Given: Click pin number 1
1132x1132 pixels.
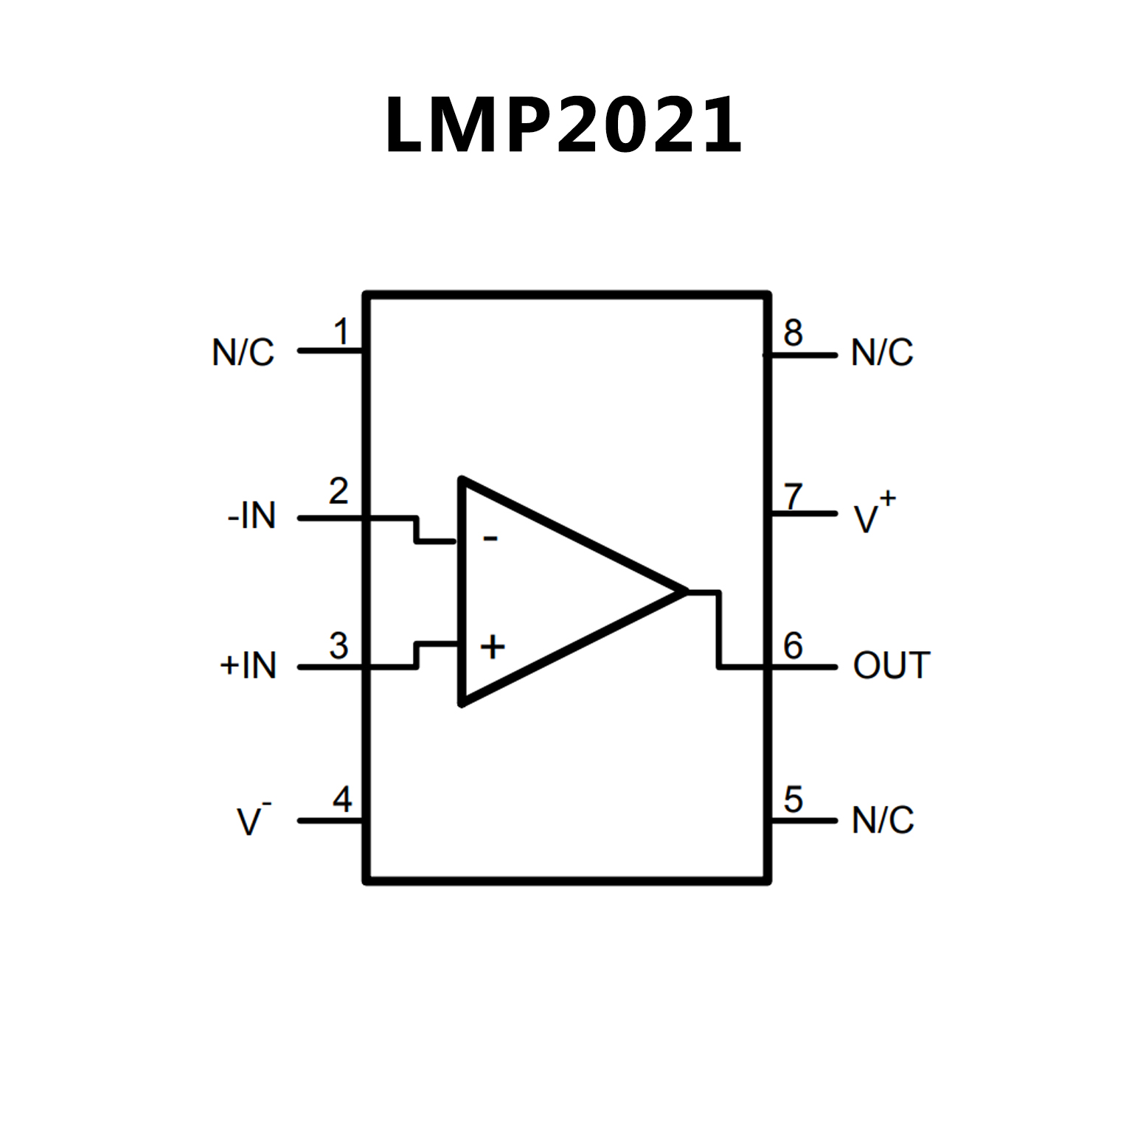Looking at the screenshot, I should point(341,332).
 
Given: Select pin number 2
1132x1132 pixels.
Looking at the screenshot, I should point(338,492).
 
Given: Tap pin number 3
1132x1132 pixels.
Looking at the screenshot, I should point(338,646).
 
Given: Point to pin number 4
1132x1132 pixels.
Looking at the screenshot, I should point(342,799).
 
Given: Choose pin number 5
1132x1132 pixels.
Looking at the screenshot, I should point(794,799).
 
